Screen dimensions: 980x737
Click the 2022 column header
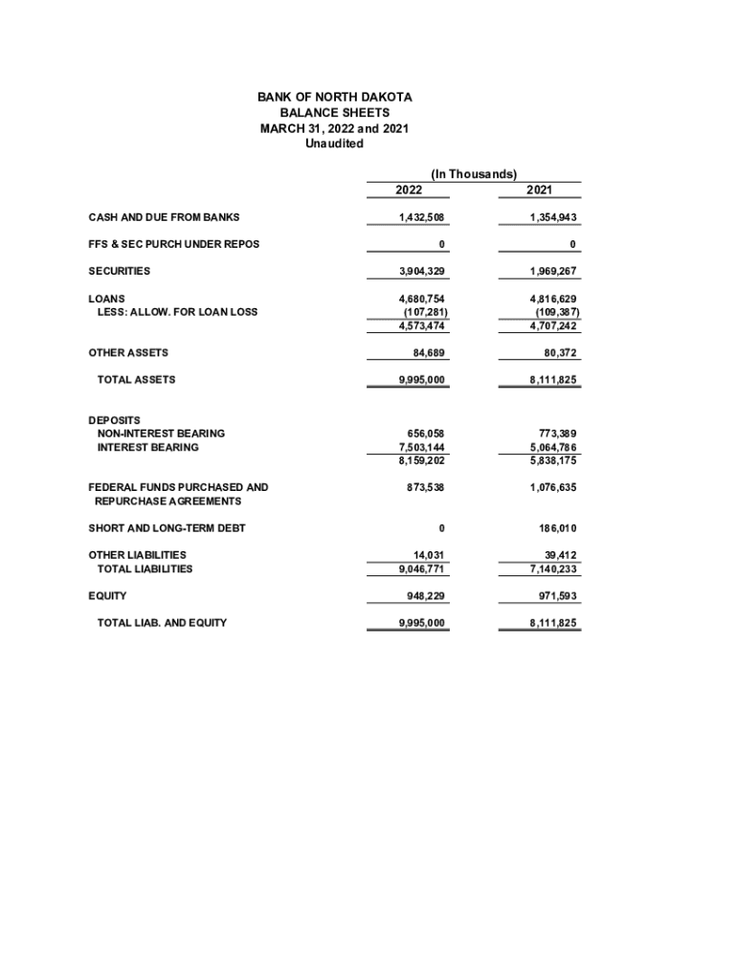tap(409, 190)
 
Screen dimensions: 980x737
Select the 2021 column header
tap(540, 190)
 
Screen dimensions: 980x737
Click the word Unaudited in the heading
tap(334, 144)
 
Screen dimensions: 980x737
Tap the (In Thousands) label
tap(474, 174)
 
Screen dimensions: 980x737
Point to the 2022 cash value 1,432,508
tap(422, 217)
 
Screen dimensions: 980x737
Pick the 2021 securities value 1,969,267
tap(553, 271)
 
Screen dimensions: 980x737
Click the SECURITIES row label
tap(119, 271)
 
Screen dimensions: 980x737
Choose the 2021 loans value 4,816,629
tap(553, 299)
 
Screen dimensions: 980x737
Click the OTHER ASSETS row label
tap(128, 353)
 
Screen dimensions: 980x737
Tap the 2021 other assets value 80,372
tap(558, 353)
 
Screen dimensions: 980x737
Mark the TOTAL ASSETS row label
tap(136, 380)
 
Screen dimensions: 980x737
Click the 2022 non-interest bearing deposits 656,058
tap(427, 434)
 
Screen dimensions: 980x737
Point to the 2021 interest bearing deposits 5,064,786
tap(553, 447)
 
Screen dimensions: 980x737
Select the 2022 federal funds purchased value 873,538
tap(427, 487)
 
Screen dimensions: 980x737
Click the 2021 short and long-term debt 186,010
tap(558, 528)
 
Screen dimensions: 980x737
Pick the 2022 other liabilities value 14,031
tap(430, 555)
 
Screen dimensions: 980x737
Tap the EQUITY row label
tap(107, 596)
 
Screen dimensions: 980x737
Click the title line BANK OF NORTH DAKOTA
tap(334, 98)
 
